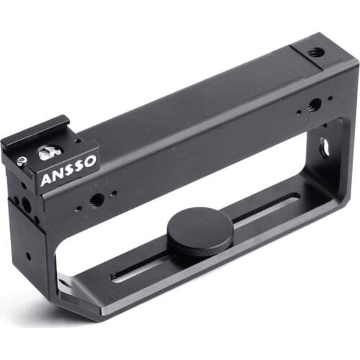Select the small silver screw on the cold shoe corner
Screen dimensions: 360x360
[x=22, y=161]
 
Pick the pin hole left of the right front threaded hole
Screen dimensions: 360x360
[x=297, y=113]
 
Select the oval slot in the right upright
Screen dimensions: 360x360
[x=325, y=147]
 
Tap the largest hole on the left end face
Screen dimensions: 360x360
[x=27, y=205]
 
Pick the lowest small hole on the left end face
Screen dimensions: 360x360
[x=27, y=255]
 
